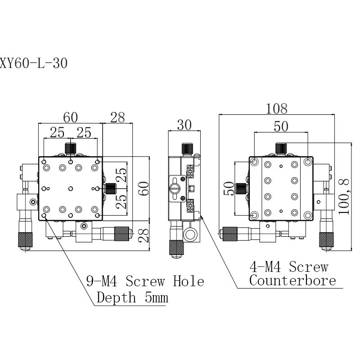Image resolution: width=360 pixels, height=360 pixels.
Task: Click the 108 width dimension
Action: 277,108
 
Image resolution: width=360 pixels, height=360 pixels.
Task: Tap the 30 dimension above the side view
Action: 184,125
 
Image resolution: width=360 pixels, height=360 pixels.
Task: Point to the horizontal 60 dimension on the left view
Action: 70,117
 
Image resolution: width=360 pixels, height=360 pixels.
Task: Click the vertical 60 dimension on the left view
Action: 144,189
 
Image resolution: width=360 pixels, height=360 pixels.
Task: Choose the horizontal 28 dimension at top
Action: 117,117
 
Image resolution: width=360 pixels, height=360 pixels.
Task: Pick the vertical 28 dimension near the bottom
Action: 144,235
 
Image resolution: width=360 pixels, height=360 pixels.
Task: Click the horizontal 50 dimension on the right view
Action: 281,126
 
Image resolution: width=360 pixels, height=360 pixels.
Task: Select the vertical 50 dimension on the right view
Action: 228,189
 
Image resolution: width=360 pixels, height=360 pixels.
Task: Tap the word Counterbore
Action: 292,281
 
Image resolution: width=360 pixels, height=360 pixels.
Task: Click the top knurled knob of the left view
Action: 70,148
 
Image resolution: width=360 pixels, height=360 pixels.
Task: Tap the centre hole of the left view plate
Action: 70,188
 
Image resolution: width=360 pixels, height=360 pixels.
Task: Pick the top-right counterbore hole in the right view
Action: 308,162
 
